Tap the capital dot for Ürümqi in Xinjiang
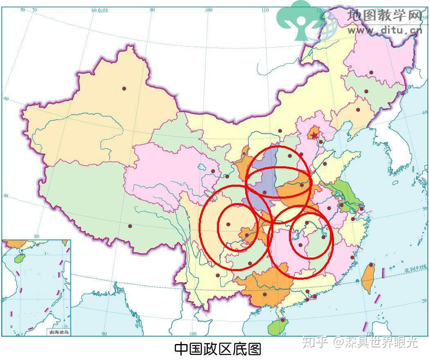[x=124, y=88]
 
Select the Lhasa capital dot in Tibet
[x=130, y=226]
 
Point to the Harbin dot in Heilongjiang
[x=371, y=72]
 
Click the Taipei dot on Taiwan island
[x=371, y=265]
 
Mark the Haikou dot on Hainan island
[x=282, y=320]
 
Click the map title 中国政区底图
[x=217, y=349]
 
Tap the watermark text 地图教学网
[x=384, y=16]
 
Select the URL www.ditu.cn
[x=384, y=30]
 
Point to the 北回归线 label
[x=415, y=269]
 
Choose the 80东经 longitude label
[x=100, y=10]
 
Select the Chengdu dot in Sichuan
[x=228, y=224]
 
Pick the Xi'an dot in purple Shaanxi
[x=265, y=192]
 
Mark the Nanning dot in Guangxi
[x=265, y=294]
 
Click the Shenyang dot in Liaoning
[x=358, y=110]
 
